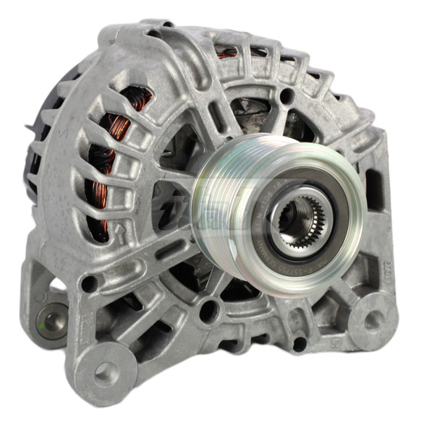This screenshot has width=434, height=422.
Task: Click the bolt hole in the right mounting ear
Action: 374,321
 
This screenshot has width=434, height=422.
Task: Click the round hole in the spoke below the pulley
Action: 209,312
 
